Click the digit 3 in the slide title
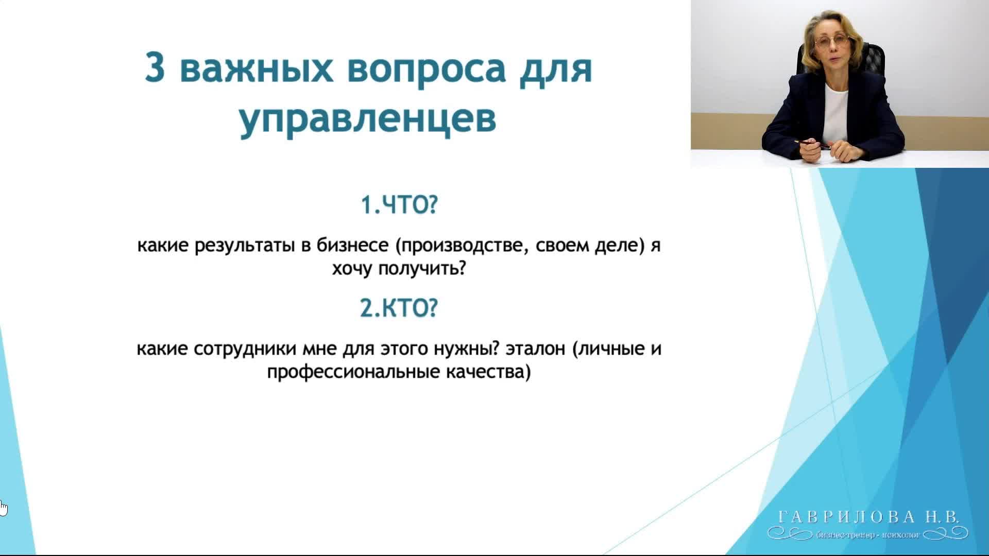click(x=155, y=67)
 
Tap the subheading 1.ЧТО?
click(x=399, y=205)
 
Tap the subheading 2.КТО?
click(x=399, y=308)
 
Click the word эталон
click(x=536, y=350)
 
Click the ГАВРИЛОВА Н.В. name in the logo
click(x=868, y=517)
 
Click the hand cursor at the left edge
click(x=3, y=508)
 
